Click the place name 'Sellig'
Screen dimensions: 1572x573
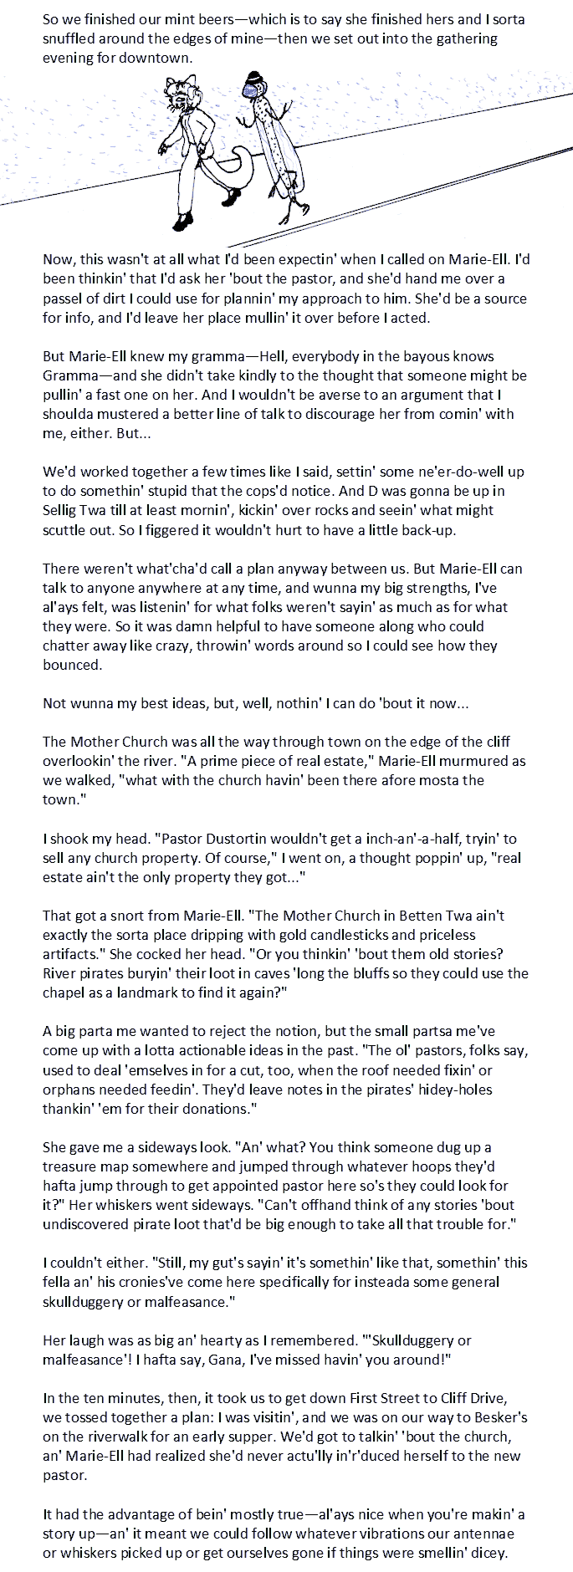point(62,510)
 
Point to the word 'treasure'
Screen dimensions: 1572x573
point(73,1166)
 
